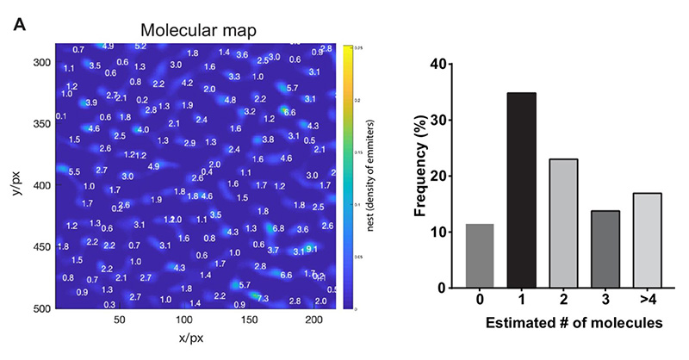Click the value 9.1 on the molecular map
point(311,250)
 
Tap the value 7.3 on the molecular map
point(263,298)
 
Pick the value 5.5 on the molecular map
point(74,171)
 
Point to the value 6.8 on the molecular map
point(278,228)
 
